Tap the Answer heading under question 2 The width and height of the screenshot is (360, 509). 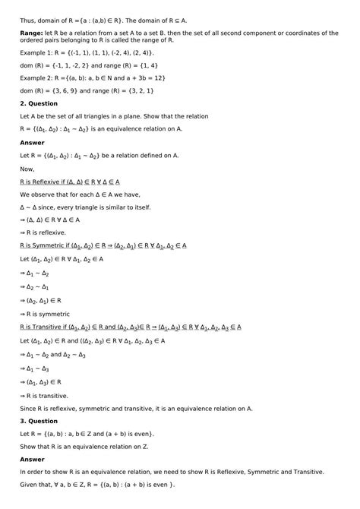tap(32, 142)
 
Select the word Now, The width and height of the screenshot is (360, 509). tap(27, 169)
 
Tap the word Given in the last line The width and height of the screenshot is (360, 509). tap(32, 485)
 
